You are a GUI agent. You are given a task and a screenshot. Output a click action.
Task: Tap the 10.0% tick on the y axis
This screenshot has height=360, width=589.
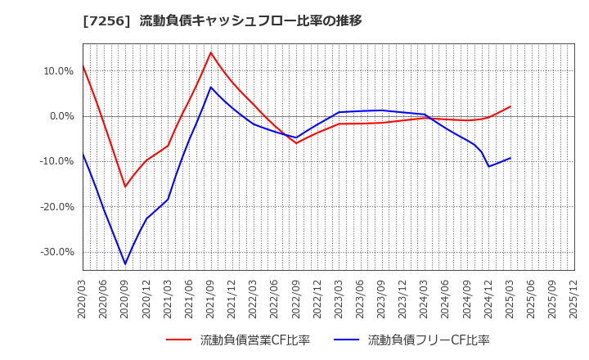click(x=58, y=71)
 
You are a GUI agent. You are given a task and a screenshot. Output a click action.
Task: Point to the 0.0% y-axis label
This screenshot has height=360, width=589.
click(x=61, y=116)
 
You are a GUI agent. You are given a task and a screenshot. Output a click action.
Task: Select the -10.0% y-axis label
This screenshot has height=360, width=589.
click(x=56, y=161)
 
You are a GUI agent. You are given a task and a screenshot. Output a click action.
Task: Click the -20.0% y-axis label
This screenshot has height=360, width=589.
click(x=56, y=207)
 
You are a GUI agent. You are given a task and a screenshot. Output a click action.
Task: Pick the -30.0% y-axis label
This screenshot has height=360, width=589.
click(x=56, y=252)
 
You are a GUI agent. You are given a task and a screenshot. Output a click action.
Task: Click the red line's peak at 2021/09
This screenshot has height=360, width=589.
click(x=211, y=52)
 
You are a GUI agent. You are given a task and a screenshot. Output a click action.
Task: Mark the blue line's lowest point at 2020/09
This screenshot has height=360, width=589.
click(x=125, y=264)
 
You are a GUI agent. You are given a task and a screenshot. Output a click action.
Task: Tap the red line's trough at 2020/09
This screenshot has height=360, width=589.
click(x=125, y=187)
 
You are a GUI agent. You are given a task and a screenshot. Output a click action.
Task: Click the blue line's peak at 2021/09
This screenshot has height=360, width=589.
click(x=211, y=87)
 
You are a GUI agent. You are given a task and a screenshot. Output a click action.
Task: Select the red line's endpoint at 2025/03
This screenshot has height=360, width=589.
click(x=510, y=106)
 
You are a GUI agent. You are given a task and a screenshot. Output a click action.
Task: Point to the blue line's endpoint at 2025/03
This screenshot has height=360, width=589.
click(x=510, y=158)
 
